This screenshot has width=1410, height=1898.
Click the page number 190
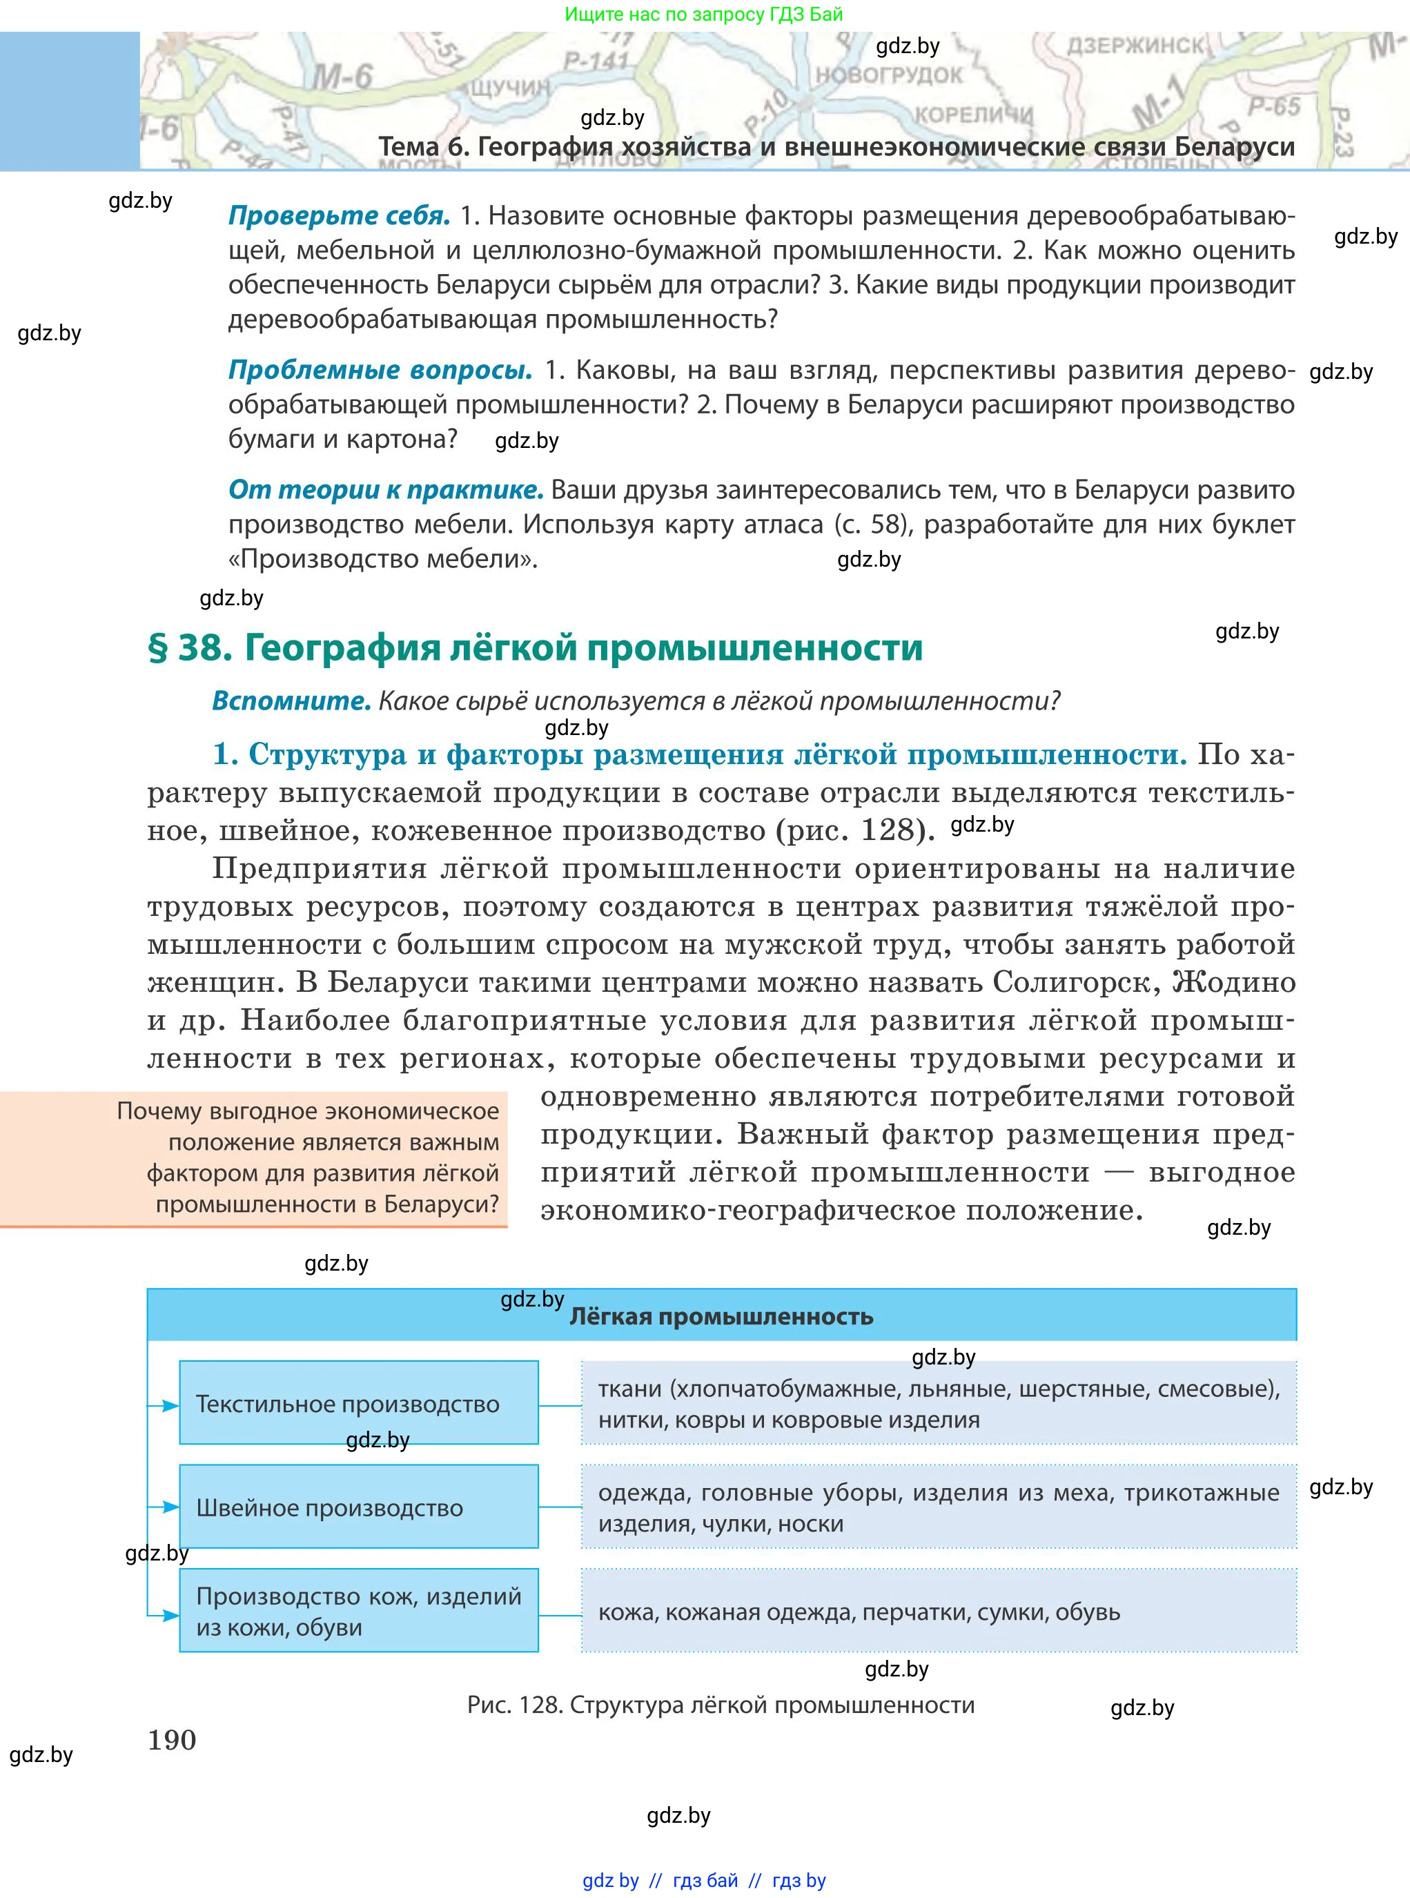pos(172,1740)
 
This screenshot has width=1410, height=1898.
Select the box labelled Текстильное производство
pos(358,1404)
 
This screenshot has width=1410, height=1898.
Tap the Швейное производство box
pos(358,1508)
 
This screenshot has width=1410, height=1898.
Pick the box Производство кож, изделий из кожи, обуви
pos(358,1612)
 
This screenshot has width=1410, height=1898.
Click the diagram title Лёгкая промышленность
pos(721,1317)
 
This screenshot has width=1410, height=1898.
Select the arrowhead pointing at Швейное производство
pos(170,1508)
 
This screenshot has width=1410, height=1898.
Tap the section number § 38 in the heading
pos(190,649)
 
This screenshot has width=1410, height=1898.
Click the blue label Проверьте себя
pos(339,216)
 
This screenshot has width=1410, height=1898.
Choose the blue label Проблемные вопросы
pos(380,371)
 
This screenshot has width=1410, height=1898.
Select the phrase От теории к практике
pos(386,490)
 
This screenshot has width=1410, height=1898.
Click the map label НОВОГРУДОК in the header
pos(888,75)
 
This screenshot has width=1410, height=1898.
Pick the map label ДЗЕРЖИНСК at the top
pos(1135,46)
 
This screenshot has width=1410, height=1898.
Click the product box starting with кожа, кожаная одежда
pos(939,1612)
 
